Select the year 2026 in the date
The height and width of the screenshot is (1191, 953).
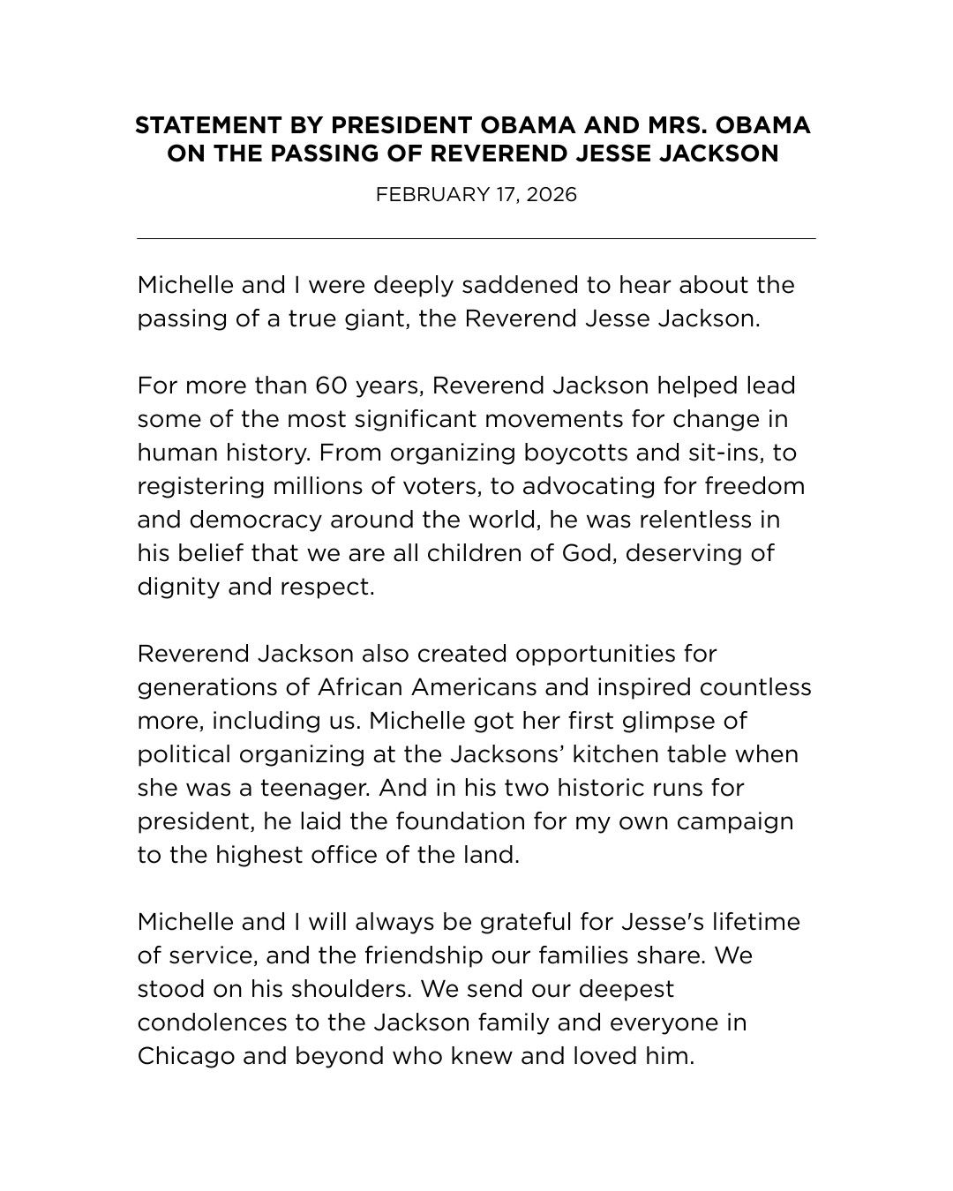pyautogui.click(x=552, y=194)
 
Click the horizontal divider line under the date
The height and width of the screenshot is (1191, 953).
pyautogui.click(x=476, y=238)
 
